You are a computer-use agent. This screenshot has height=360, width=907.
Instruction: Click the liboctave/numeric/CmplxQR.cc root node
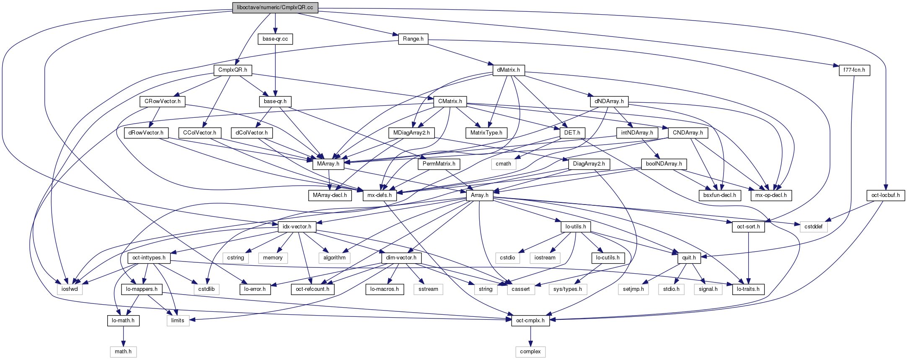pyautogui.click(x=275, y=8)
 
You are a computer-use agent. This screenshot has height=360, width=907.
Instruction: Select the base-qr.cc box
pyautogui.click(x=275, y=39)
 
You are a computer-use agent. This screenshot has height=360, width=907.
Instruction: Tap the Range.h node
pyautogui.click(x=413, y=39)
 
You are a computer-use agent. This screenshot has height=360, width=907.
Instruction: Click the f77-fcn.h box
pyautogui.click(x=854, y=70)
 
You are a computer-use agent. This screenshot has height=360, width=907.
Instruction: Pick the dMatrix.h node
pyautogui.click(x=508, y=70)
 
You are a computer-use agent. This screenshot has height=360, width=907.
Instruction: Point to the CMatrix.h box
pyautogui.click(x=450, y=101)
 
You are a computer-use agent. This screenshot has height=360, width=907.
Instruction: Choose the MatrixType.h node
pyautogui.click(x=486, y=133)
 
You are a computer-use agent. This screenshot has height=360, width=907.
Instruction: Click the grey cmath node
pyautogui.click(x=503, y=164)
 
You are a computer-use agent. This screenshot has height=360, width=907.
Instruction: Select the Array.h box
pyautogui.click(x=480, y=195)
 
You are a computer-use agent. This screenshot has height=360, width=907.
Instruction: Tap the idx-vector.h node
pyautogui.click(x=297, y=227)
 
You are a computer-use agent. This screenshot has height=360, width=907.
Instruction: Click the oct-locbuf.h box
pyautogui.click(x=885, y=195)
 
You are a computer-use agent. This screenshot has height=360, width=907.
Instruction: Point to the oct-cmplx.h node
pyautogui.click(x=530, y=321)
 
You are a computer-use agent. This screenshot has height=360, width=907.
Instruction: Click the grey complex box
pyautogui.click(x=530, y=352)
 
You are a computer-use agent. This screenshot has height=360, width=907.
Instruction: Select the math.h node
pyautogui.click(x=123, y=352)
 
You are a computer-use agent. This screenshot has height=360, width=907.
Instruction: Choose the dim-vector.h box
pyautogui.click(x=401, y=258)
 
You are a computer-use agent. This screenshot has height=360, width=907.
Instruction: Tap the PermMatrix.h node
pyautogui.click(x=439, y=164)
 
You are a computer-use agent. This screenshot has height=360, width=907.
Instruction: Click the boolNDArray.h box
pyautogui.click(x=664, y=164)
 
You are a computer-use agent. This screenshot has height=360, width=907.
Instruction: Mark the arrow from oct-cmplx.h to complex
pyautogui.click(x=530, y=336)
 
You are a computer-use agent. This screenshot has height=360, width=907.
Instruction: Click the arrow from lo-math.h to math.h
pyautogui.click(x=123, y=336)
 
